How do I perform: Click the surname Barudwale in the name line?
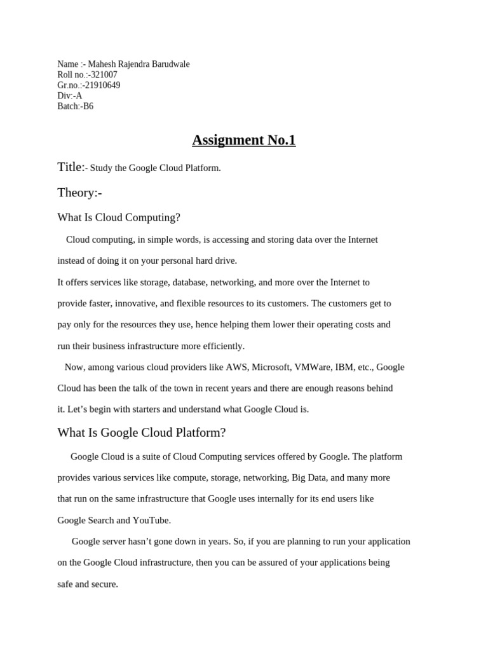coord(167,64)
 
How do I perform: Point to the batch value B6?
coord(88,106)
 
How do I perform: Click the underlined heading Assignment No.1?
coord(244,140)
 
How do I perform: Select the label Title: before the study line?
coord(71,167)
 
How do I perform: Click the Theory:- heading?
coord(79,193)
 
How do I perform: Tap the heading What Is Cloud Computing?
coord(119,217)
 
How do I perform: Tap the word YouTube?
coord(151,521)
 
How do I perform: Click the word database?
coord(186,282)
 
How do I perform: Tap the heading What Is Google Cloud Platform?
coord(142,433)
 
